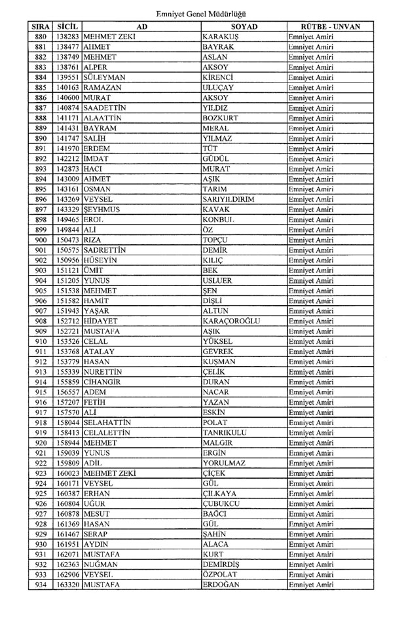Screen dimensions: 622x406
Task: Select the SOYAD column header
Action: [244, 27]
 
